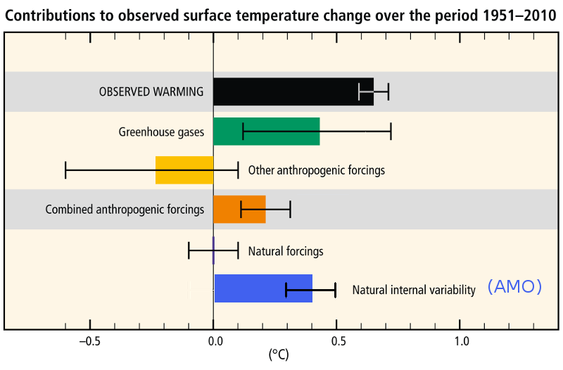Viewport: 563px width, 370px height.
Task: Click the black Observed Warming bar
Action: coord(293,91)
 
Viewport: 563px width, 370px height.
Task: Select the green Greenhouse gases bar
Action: coord(266,132)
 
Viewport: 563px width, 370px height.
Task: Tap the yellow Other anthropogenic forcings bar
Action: coord(184,170)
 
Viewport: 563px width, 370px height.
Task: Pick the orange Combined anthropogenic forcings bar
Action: coord(239,210)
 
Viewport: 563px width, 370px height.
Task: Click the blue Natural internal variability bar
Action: coord(263,288)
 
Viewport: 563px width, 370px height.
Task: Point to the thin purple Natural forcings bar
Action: coord(213,250)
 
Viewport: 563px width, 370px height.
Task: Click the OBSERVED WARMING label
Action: coord(151,91)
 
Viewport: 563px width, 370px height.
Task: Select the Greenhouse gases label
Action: coord(161,132)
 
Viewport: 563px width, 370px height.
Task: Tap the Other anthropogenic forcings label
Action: coord(317,170)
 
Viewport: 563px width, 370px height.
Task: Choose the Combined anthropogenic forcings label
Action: coord(125,210)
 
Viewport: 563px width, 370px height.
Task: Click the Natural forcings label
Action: coord(286,250)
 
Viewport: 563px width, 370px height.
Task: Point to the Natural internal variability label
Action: coord(414,289)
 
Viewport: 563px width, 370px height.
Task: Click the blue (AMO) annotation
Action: coord(514,287)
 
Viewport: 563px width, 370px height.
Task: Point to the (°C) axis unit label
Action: coord(278,355)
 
